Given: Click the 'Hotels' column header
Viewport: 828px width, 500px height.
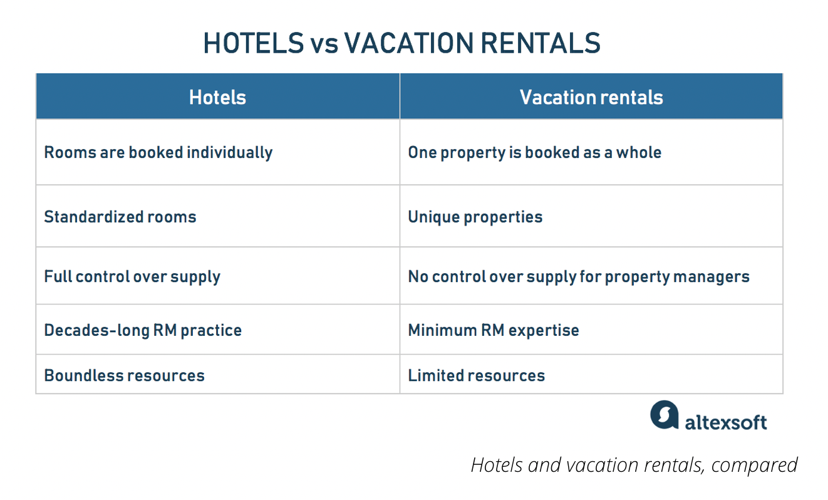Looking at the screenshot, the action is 218,98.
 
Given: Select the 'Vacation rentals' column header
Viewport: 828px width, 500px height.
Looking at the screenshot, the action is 591,98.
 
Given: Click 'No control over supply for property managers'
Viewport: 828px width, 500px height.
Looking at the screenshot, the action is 579,276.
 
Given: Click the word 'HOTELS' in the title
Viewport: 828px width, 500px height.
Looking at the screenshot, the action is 254,43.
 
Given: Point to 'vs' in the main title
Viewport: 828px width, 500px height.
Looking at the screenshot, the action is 324,46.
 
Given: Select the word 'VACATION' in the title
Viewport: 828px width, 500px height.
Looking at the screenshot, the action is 409,43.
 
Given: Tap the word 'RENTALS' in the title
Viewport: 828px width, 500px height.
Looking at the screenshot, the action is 541,43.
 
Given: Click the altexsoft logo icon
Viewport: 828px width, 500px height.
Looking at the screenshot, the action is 665,415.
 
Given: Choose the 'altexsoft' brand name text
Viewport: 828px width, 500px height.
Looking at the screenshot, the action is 726,422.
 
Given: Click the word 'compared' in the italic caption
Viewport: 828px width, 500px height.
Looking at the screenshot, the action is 754,466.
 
